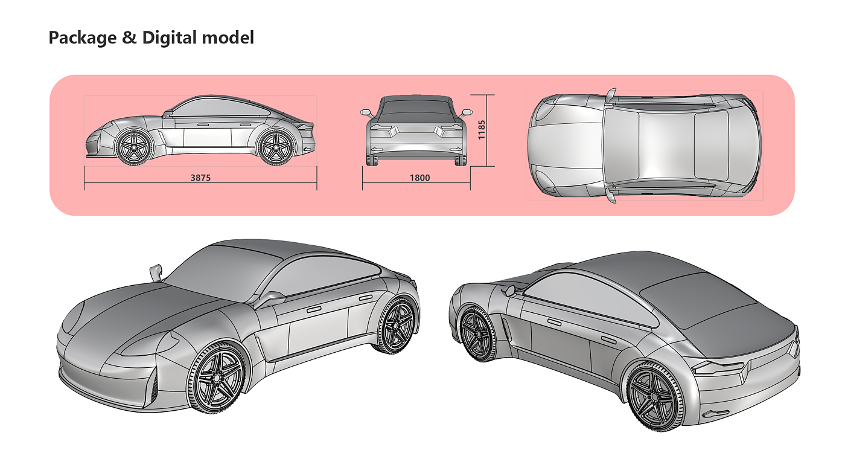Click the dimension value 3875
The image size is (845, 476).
(x=201, y=178)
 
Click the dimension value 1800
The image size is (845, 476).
(x=420, y=178)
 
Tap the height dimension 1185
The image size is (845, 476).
(x=481, y=130)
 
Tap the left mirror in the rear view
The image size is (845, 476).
(x=366, y=112)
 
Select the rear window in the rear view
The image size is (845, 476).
(x=416, y=109)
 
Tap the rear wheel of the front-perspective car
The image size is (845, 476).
(x=397, y=326)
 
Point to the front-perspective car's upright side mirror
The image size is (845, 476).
(x=156, y=271)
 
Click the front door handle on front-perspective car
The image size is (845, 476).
(x=314, y=309)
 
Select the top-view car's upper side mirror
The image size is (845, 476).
(x=612, y=94)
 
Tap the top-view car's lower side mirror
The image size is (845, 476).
(x=612, y=195)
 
